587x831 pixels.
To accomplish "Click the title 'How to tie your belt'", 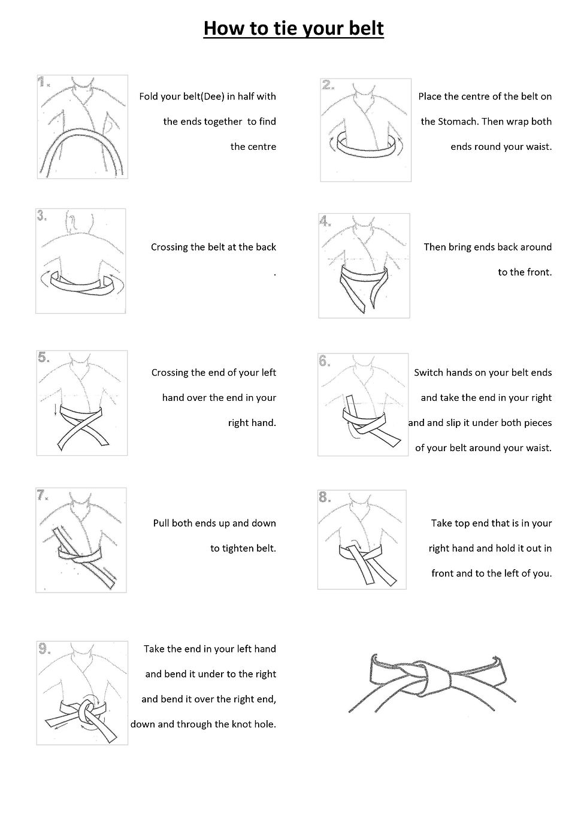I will [x=293, y=28].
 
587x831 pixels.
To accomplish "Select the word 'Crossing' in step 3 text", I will [x=170, y=247].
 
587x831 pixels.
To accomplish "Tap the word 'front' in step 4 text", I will [x=537, y=272].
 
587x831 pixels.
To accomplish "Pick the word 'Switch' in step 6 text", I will [x=428, y=373].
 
